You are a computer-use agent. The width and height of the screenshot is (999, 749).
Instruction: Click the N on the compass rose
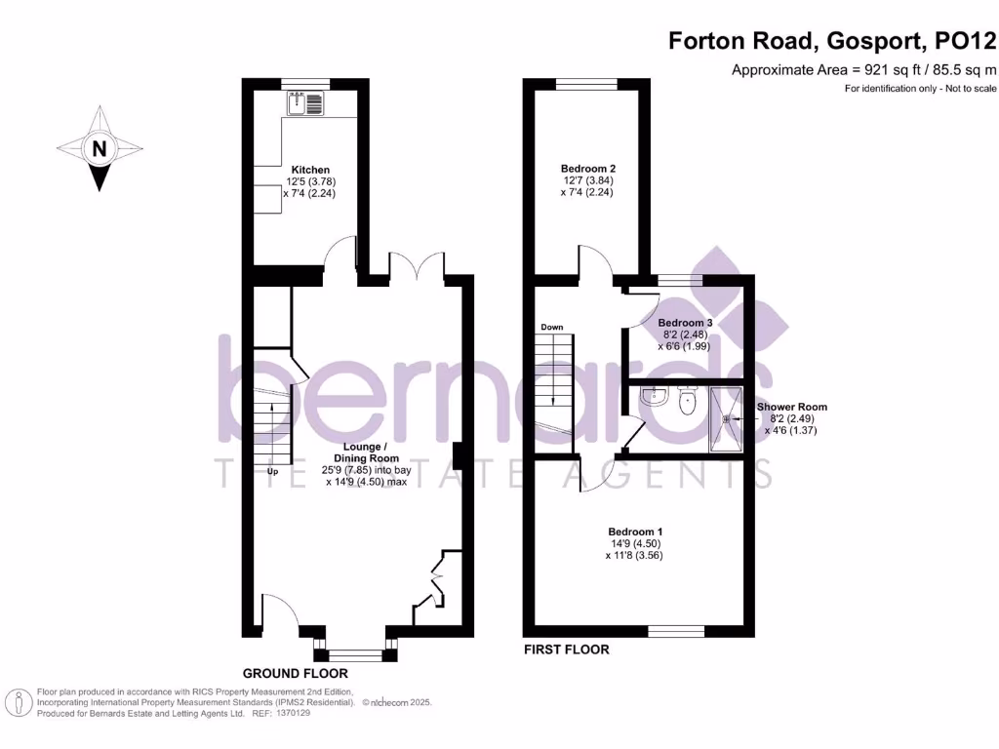tap(98, 149)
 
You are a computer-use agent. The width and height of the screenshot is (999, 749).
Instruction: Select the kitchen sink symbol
tap(306, 102)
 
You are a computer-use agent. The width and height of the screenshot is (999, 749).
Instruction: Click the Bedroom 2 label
tap(588, 168)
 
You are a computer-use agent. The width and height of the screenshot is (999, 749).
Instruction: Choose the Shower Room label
tap(791, 407)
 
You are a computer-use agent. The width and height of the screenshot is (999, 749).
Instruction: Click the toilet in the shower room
tap(689, 401)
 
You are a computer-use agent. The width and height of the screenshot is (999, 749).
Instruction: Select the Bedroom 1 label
tap(633, 532)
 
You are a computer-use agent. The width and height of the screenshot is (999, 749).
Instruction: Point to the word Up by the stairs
tap(274, 472)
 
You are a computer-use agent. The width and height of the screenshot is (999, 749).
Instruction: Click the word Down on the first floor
tap(551, 327)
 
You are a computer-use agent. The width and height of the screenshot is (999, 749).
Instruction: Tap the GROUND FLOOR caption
tap(295, 673)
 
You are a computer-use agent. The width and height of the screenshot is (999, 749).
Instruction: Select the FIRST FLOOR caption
tap(566, 650)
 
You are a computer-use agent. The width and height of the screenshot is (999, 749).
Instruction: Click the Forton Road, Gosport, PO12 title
tap(832, 41)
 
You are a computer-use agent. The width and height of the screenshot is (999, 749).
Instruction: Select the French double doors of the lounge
tap(417, 265)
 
